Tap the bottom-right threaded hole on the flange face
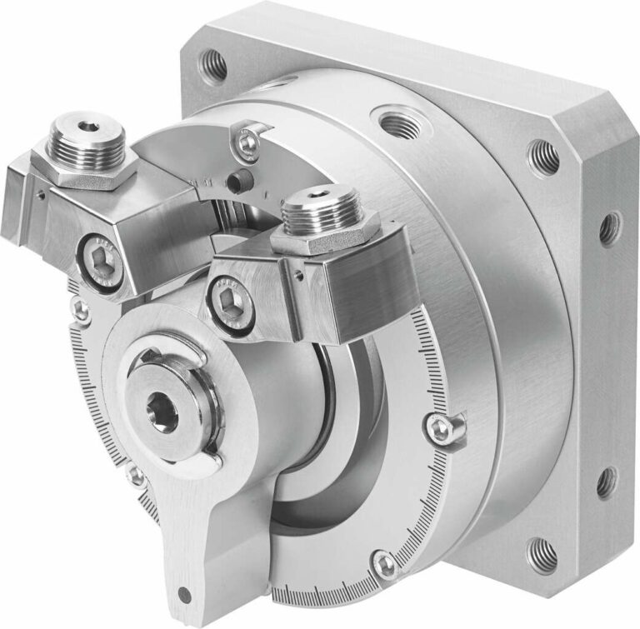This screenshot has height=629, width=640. [x=542, y=551]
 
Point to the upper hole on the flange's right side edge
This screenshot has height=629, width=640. [x=609, y=225]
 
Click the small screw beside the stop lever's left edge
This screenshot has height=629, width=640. [x=135, y=477]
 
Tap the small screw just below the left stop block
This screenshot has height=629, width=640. [x=81, y=309]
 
